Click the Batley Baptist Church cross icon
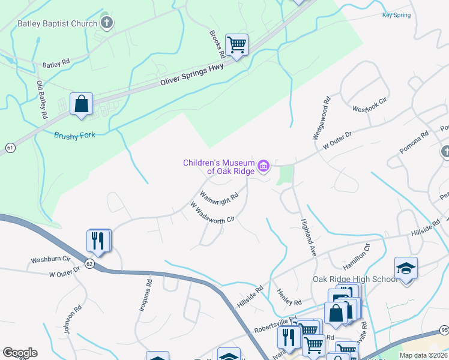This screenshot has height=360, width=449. pos(107,23)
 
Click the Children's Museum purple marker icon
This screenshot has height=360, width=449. pos(263,166)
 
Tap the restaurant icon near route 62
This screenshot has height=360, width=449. pos(98,241)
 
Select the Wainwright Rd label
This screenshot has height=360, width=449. pos(219,196)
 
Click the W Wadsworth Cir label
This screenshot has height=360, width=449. pos(212,213)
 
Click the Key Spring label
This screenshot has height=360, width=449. pos(396,15)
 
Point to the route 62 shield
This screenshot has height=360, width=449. pos(89,263)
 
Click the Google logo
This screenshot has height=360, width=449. pos(20,353)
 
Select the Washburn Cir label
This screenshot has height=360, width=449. pos(51,260)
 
